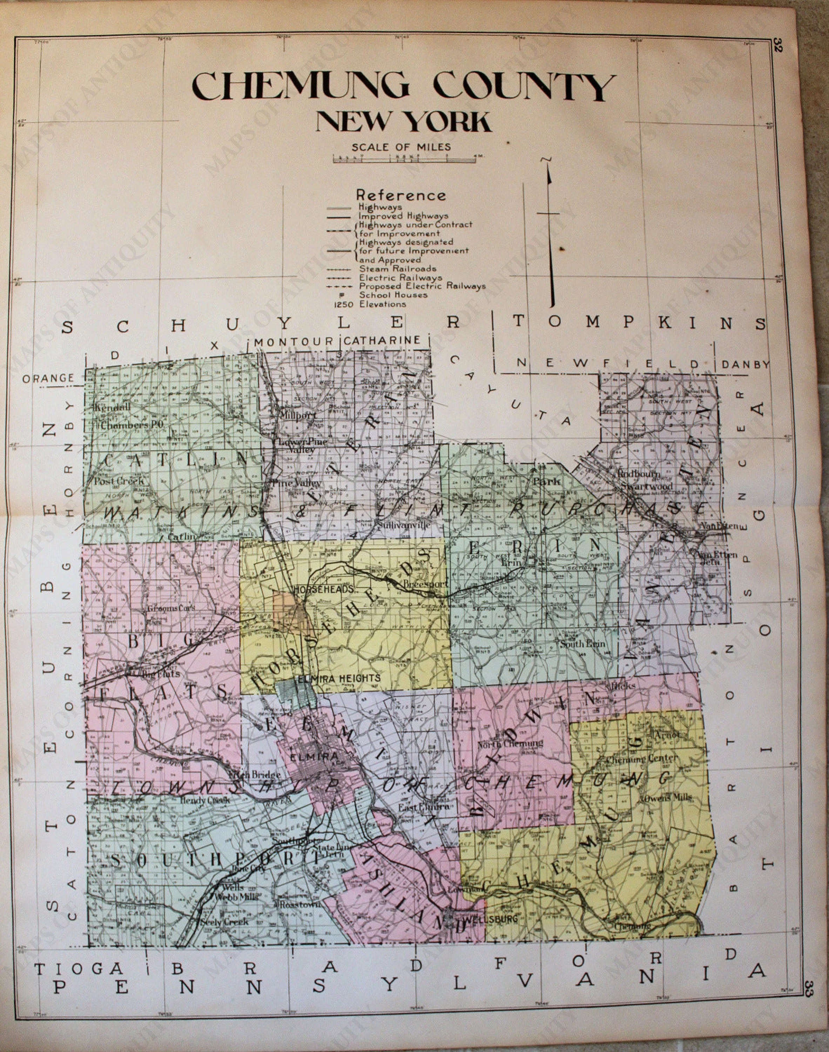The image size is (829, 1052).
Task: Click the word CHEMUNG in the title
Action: click(x=301, y=86)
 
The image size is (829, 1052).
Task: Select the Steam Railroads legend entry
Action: click(x=398, y=268)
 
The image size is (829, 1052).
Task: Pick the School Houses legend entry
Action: click(x=393, y=295)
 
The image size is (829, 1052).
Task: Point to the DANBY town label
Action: click(x=746, y=364)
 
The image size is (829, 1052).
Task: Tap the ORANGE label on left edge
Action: click(x=48, y=378)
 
